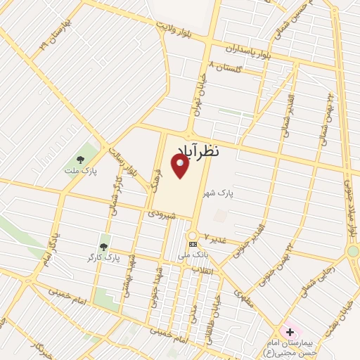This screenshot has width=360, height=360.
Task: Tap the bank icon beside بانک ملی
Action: click(193, 244)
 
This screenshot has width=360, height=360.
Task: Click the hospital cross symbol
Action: click(290, 331)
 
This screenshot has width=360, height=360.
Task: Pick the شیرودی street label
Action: click(160, 213)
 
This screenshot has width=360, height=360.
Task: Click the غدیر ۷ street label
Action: click(214, 237)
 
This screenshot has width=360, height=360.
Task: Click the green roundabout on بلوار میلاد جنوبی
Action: click(353, 251)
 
